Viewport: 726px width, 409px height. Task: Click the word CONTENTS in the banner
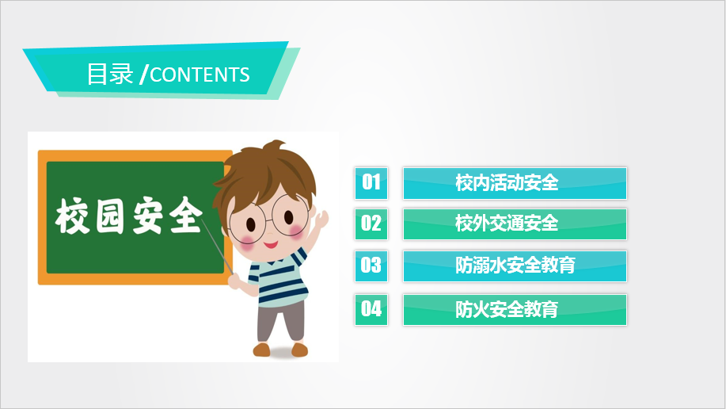200,75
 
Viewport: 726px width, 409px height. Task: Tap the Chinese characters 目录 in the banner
110,75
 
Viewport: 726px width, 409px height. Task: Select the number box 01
371,183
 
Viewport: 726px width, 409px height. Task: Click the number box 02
371,224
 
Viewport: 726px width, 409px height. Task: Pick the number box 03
371,266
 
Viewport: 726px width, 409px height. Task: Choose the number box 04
371,309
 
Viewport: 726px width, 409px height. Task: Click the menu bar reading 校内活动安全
515,183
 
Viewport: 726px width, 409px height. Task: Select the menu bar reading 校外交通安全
515,224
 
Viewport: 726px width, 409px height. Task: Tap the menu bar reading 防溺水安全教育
515,266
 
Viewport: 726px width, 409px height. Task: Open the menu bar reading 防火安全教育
515,309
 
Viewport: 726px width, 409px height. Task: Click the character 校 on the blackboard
72,216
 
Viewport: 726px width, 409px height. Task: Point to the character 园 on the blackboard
110,216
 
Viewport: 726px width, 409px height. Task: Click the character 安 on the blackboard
149,215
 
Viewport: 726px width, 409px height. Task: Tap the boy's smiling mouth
271,244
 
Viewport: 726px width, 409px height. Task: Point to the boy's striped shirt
279,278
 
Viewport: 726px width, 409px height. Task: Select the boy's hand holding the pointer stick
236,281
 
